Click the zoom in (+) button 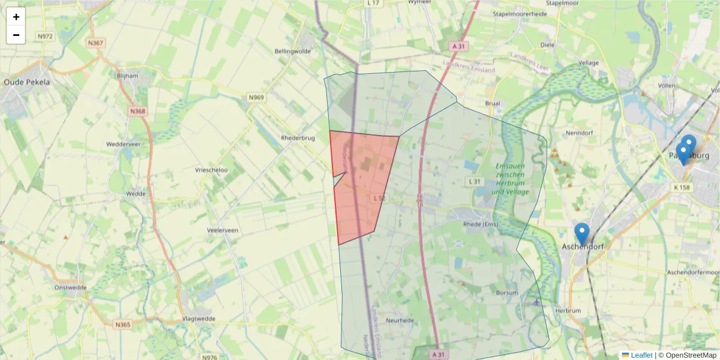[16, 17]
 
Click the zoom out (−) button [16, 35]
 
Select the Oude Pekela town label [27, 82]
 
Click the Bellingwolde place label [292, 52]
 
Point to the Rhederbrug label [298, 138]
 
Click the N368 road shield [137, 111]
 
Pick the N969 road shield [256, 97]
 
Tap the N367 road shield [95, 43]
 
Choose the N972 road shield [45, 37]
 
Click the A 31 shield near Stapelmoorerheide [459, 46]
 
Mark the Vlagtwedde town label [198, 319]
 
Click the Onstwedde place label [70, 287]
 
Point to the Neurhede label [400, 320]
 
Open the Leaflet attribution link [641, 355]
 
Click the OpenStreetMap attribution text [691, 355]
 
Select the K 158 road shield [682, 188]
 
